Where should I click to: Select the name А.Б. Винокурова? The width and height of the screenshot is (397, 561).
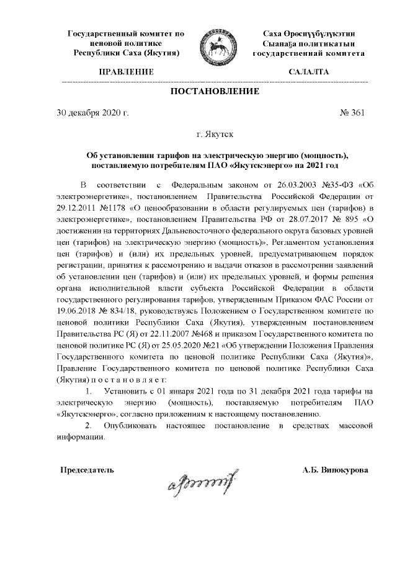click(335, 470)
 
